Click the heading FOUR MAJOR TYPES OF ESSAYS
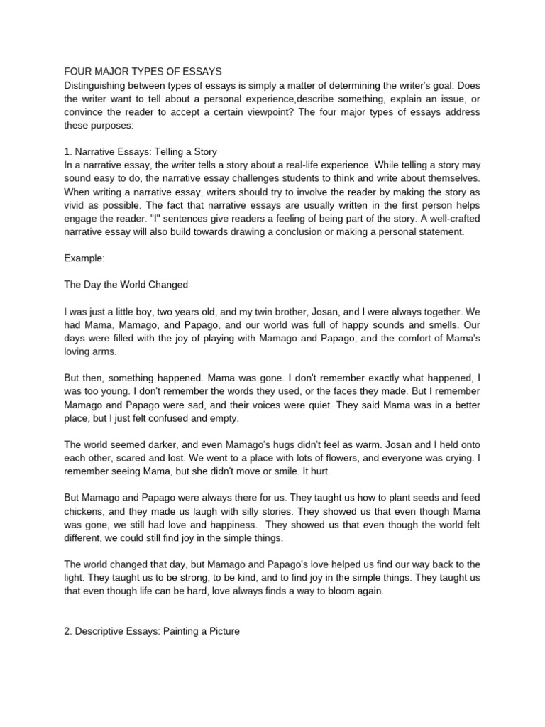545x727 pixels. coord(143,72)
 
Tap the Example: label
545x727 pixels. coord(84,259)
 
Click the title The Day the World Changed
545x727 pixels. coord(126,285)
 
